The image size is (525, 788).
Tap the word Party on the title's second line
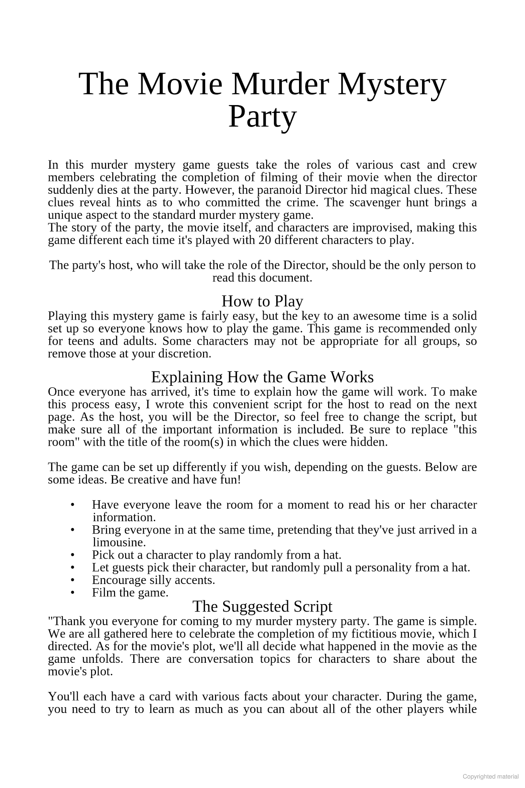(x=262, y=117)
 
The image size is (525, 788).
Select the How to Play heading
(x=262, y=301)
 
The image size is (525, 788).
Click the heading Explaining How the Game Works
(x=262, y=377)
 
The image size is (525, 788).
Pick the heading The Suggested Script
(x=262, y=606)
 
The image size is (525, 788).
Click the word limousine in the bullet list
(x=119, y=543)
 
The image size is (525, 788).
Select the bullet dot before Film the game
(x=73, y=593)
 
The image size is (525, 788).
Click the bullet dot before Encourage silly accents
(x=73, y=580)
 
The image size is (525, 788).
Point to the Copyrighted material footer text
(x=491, y=777)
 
